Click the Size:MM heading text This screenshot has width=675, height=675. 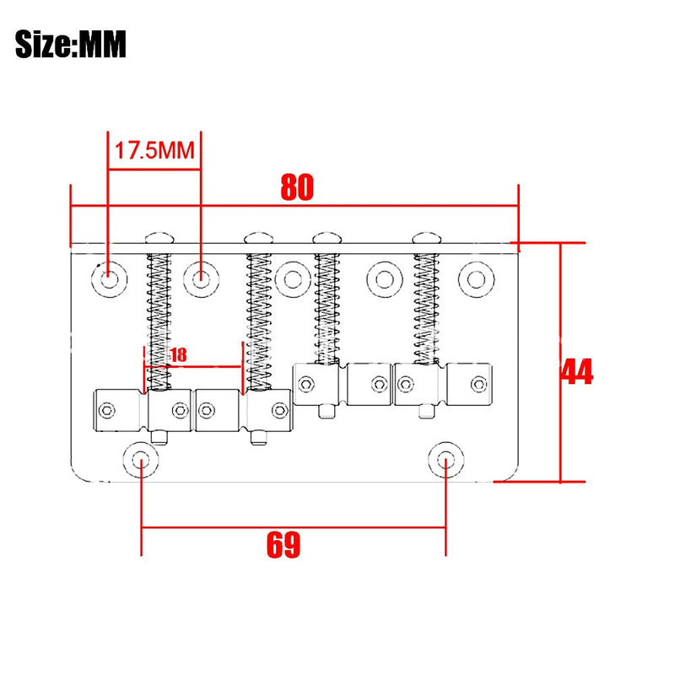click(x=71, y=44)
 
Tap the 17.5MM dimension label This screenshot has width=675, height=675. click(x=154, y=151)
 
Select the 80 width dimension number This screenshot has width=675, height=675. click(x=297, y=187)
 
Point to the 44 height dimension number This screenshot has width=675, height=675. click(x=577, y=371)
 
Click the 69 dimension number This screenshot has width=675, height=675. click(x=283, y=545)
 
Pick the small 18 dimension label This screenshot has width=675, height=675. click(x=179, y=355)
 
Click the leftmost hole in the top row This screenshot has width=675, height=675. click(x=110, y=279)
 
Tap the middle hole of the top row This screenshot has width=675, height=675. click(x=293, y=279)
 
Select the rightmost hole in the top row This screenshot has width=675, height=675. click(x=476, y=279)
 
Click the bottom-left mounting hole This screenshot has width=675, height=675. click(x=140, y=460)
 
